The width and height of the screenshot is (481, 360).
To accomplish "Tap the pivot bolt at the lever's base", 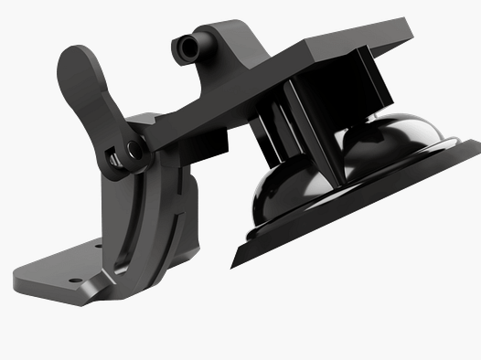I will coord(134,148).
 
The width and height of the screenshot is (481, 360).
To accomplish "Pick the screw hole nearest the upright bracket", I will coord(99,244).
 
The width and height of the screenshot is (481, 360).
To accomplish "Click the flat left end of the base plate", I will coord(20,271).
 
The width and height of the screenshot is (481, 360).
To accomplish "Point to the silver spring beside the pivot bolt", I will coord(114,159).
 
